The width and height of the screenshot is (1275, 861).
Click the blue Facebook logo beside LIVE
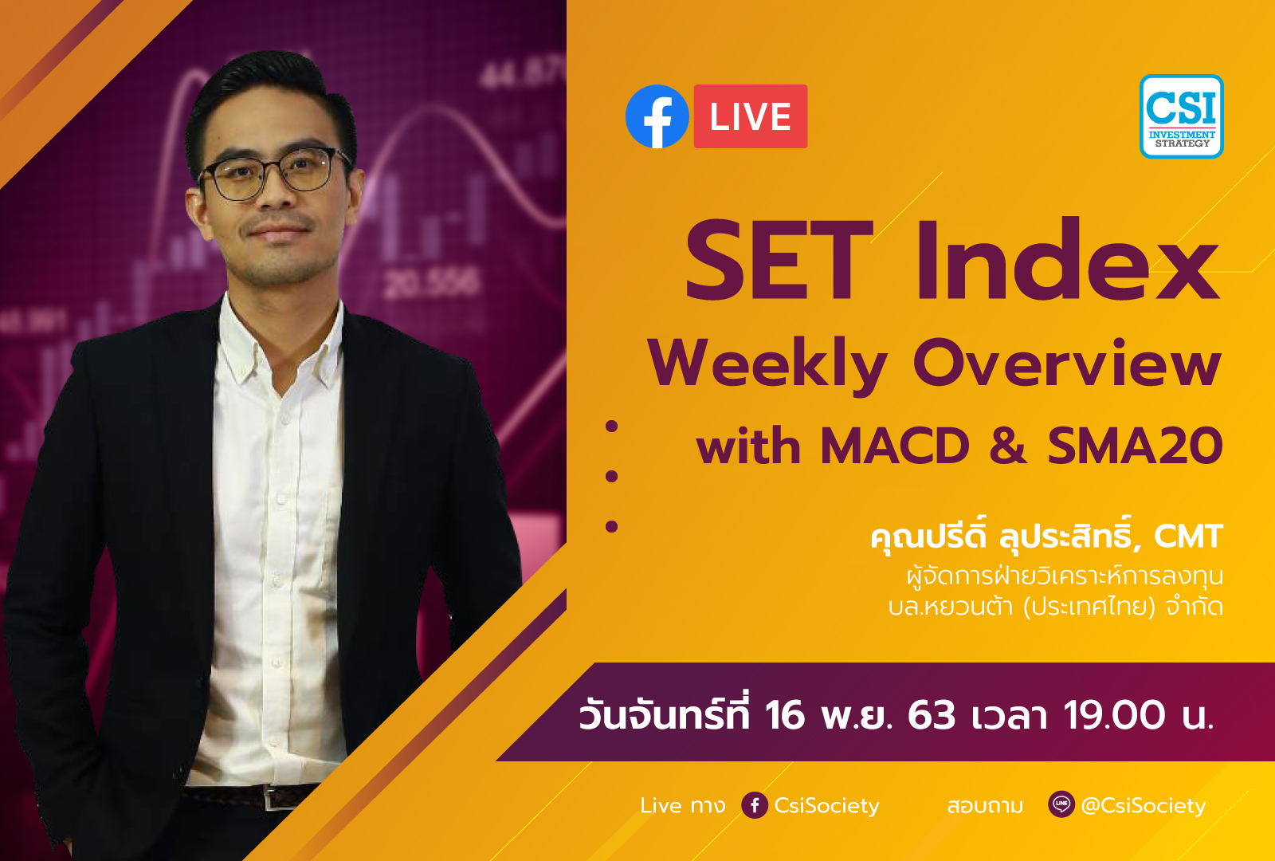(x=657, y=116)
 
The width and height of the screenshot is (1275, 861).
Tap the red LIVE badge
(x=750, y=116)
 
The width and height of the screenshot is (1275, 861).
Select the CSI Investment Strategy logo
(x=1181, y=116)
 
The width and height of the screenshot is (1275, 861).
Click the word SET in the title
(x=779, y=261)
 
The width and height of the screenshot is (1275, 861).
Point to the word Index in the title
(x=1068, y=259)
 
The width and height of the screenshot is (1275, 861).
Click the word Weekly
(x=767, y=365)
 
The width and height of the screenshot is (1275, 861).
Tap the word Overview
(x=1068, y=362)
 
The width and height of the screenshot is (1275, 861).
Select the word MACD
(x=895, y=446)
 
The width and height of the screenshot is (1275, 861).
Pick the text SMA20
(x=1135, y=446)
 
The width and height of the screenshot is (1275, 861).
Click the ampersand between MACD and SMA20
(x=1008, y=446)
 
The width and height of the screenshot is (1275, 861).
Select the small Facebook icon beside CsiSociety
(x=755, y=805)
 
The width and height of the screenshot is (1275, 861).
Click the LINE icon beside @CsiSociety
(x=1061, y=804)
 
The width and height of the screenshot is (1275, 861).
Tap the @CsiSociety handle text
(x=1143, y=805)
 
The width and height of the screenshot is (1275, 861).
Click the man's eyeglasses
(x=273, y=173)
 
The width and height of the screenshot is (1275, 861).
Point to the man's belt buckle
(x=272, y=797)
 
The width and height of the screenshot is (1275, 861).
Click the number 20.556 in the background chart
(x=431, y=283)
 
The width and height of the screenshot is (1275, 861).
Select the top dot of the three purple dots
(x=612, y=426)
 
